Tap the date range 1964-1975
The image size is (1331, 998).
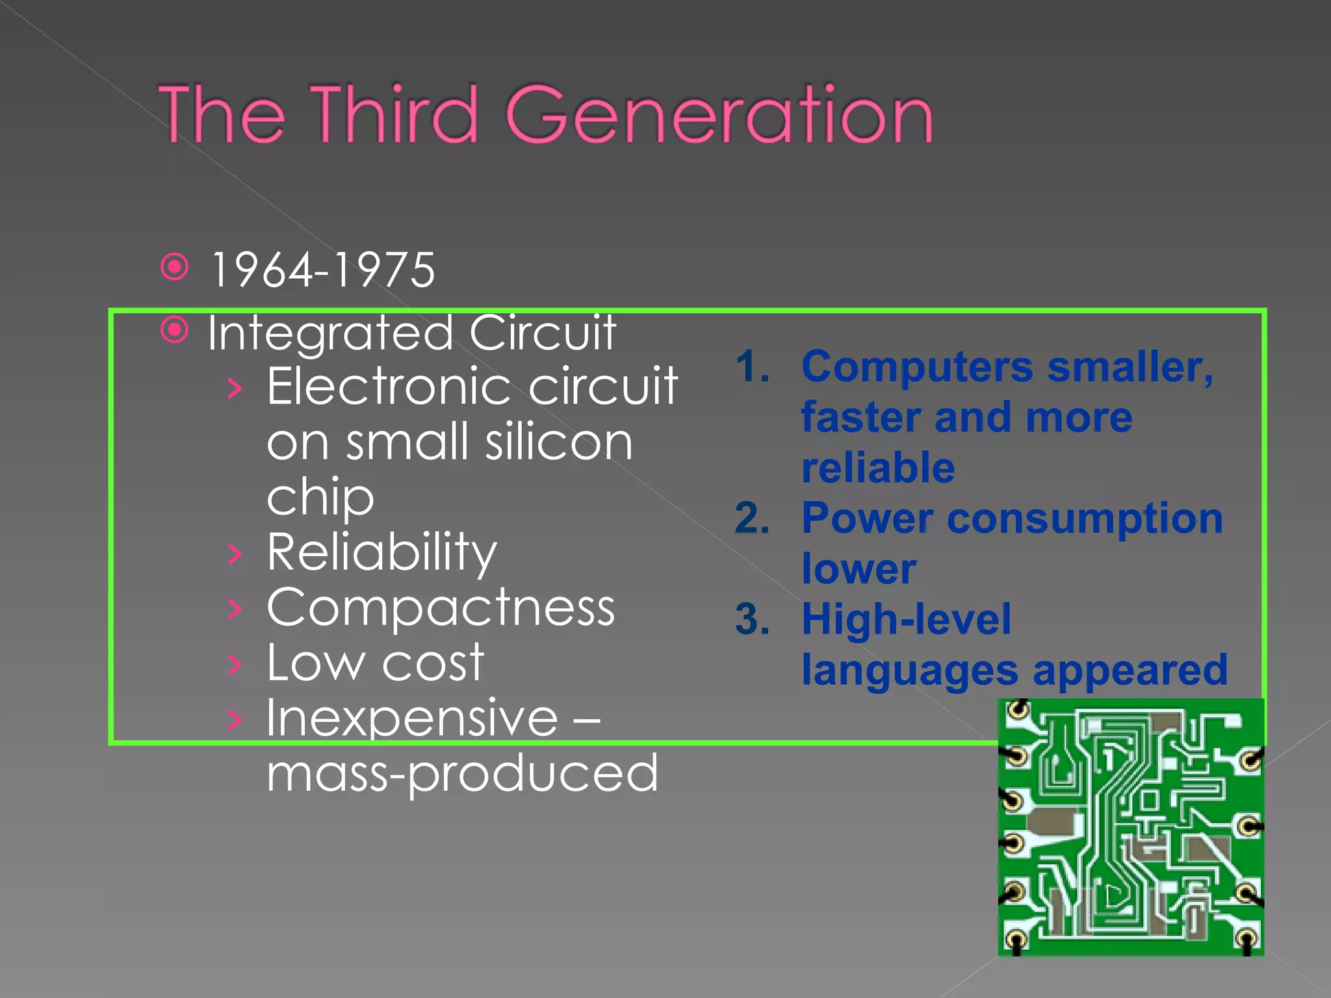coord(323,270)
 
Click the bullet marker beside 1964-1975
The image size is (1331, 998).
coord(175,267)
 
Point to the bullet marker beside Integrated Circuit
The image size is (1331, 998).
coord(175,330)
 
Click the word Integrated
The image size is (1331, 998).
coord(330,333)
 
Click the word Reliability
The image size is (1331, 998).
coord(382,552)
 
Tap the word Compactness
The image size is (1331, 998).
coord(441,608)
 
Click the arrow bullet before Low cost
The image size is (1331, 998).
coord(235,664)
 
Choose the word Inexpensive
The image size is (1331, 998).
coord(412,719)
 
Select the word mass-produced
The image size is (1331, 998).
coord(462,773)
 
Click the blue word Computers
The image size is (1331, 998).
coord(916,367)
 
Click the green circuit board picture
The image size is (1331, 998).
coord(1131,827)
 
